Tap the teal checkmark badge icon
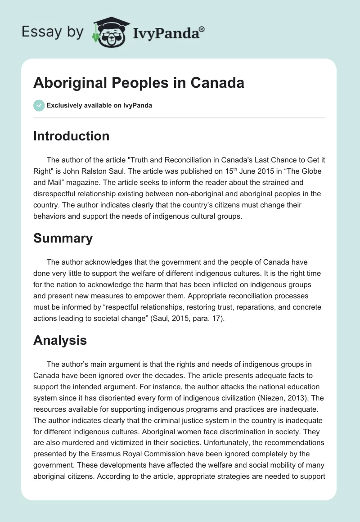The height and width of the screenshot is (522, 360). pos(39,106)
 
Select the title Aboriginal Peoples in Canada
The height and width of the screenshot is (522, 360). pos(139,83)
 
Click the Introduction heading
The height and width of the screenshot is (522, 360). pos(71,136)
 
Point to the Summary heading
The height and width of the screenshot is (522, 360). pos(63,238)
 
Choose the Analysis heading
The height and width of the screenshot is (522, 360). pos(60,340)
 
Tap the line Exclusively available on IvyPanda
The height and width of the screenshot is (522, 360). pos(99,106)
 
